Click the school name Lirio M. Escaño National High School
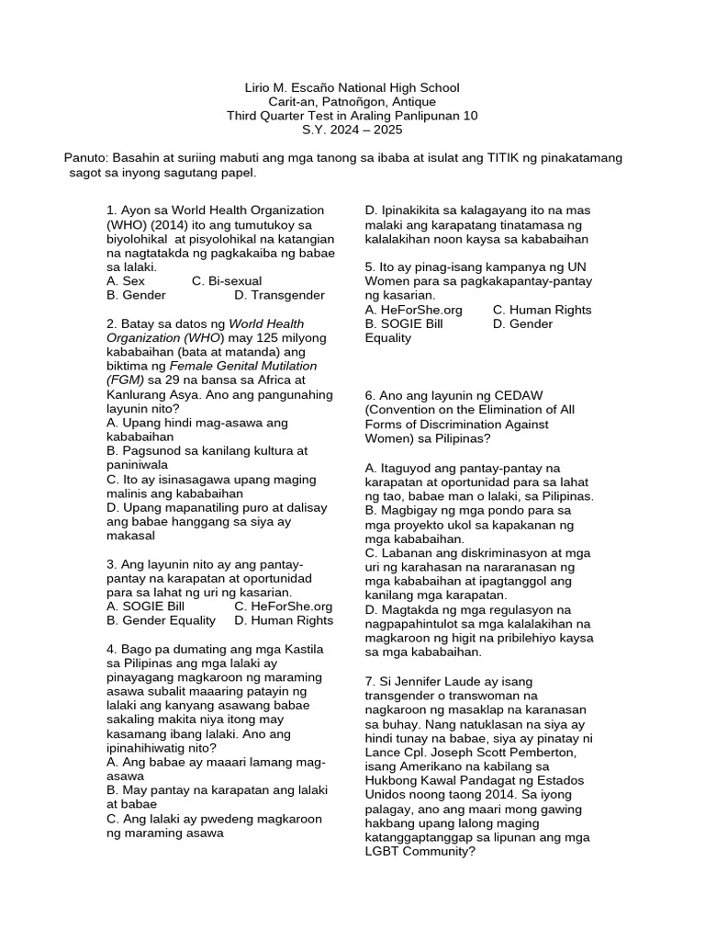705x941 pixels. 352,87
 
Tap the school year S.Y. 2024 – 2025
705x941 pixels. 352,130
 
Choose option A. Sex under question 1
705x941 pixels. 126,280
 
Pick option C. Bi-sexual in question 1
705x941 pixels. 227,280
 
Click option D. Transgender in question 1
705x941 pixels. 279,295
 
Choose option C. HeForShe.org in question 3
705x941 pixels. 284,607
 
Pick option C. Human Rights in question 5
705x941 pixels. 542,310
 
